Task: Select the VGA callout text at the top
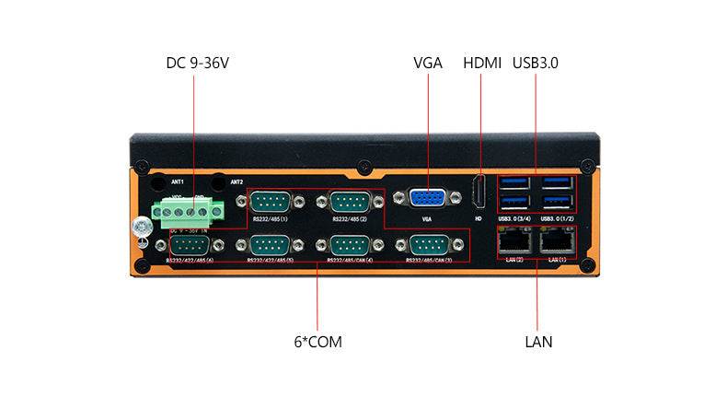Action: pyautogui.click(x=428, y=64)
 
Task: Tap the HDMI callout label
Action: pyautogui.click(x=482, y=64)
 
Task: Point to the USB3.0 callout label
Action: pyautogui.click(x=536, y=64)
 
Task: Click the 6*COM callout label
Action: pyautogui.click(x=317, y=342)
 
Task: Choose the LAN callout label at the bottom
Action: pyautogui.click(x=538, y=342)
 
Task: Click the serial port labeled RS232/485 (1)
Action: pyautogui.click(x=270, y=202)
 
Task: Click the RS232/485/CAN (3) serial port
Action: pyautogui.click(x=429, y=246)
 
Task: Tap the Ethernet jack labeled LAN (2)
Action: pyautogui.click(x=514, y=241)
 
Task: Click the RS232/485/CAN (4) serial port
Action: pyautogui.click(x=349, y=246)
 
